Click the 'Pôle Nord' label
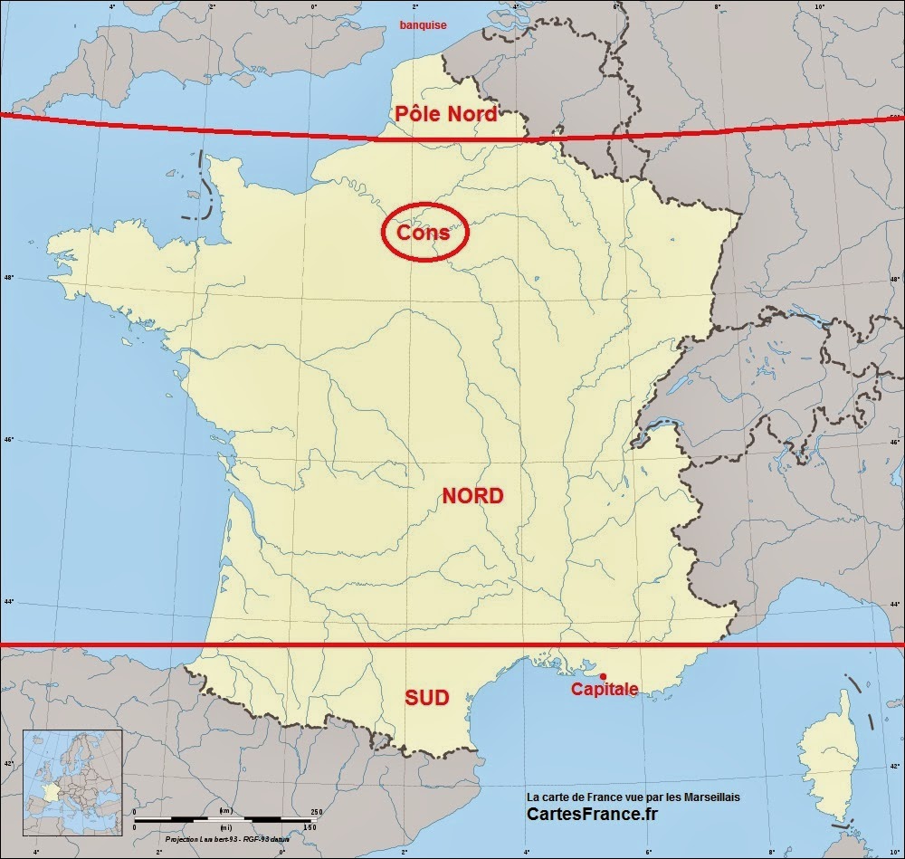[x=446, y=114]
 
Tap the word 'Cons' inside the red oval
[x=424, y=233]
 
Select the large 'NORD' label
[x=472, y=496]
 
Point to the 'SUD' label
[x=427, y=698]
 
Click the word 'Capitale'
[x=604, y=690]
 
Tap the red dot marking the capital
[x=604, y=676]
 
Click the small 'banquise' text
[x=424, y=25]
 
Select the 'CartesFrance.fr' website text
[x=592, y=815]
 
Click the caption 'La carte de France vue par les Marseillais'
[x=633, y=797]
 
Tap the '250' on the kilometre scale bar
[x=316, y=812]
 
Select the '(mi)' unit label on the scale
[x=224, y=827]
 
